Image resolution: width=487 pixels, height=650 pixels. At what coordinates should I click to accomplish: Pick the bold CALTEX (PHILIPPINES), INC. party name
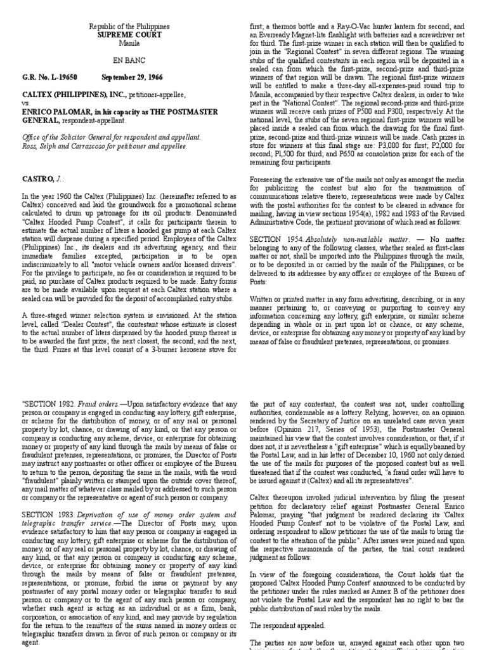72,94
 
